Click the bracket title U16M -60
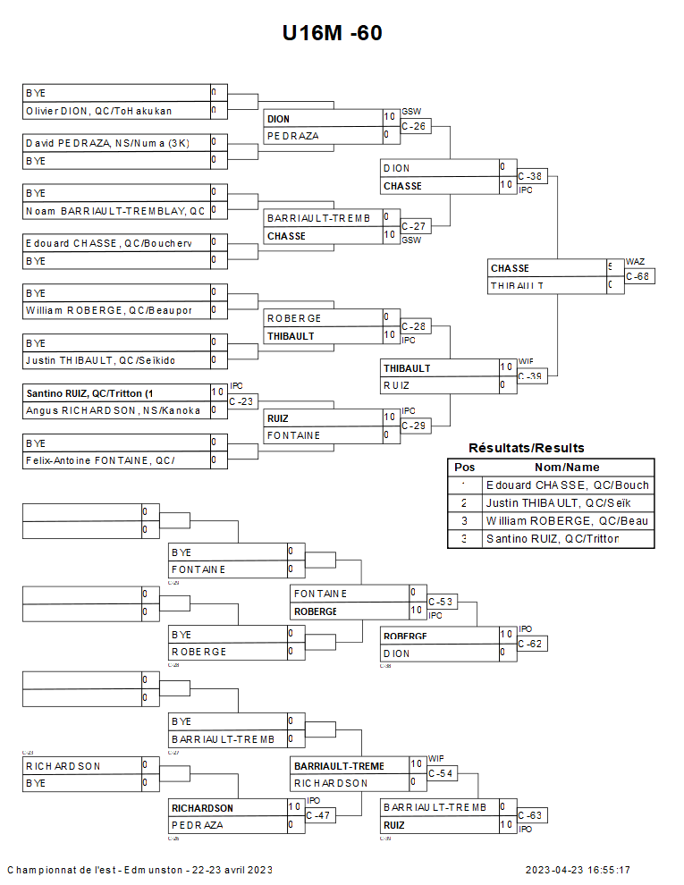[333, 33]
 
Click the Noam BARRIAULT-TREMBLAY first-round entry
[115, 211]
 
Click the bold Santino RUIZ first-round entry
[90, 393]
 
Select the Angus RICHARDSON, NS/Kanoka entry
[113, 410]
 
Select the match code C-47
[318, 815]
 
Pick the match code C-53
[442, 603]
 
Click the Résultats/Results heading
[526, 448]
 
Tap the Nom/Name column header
[567, 468]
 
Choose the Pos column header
[465, 468]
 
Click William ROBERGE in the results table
[567, 521]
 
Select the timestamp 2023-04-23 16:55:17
[578, 870]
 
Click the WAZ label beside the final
[634, 261]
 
